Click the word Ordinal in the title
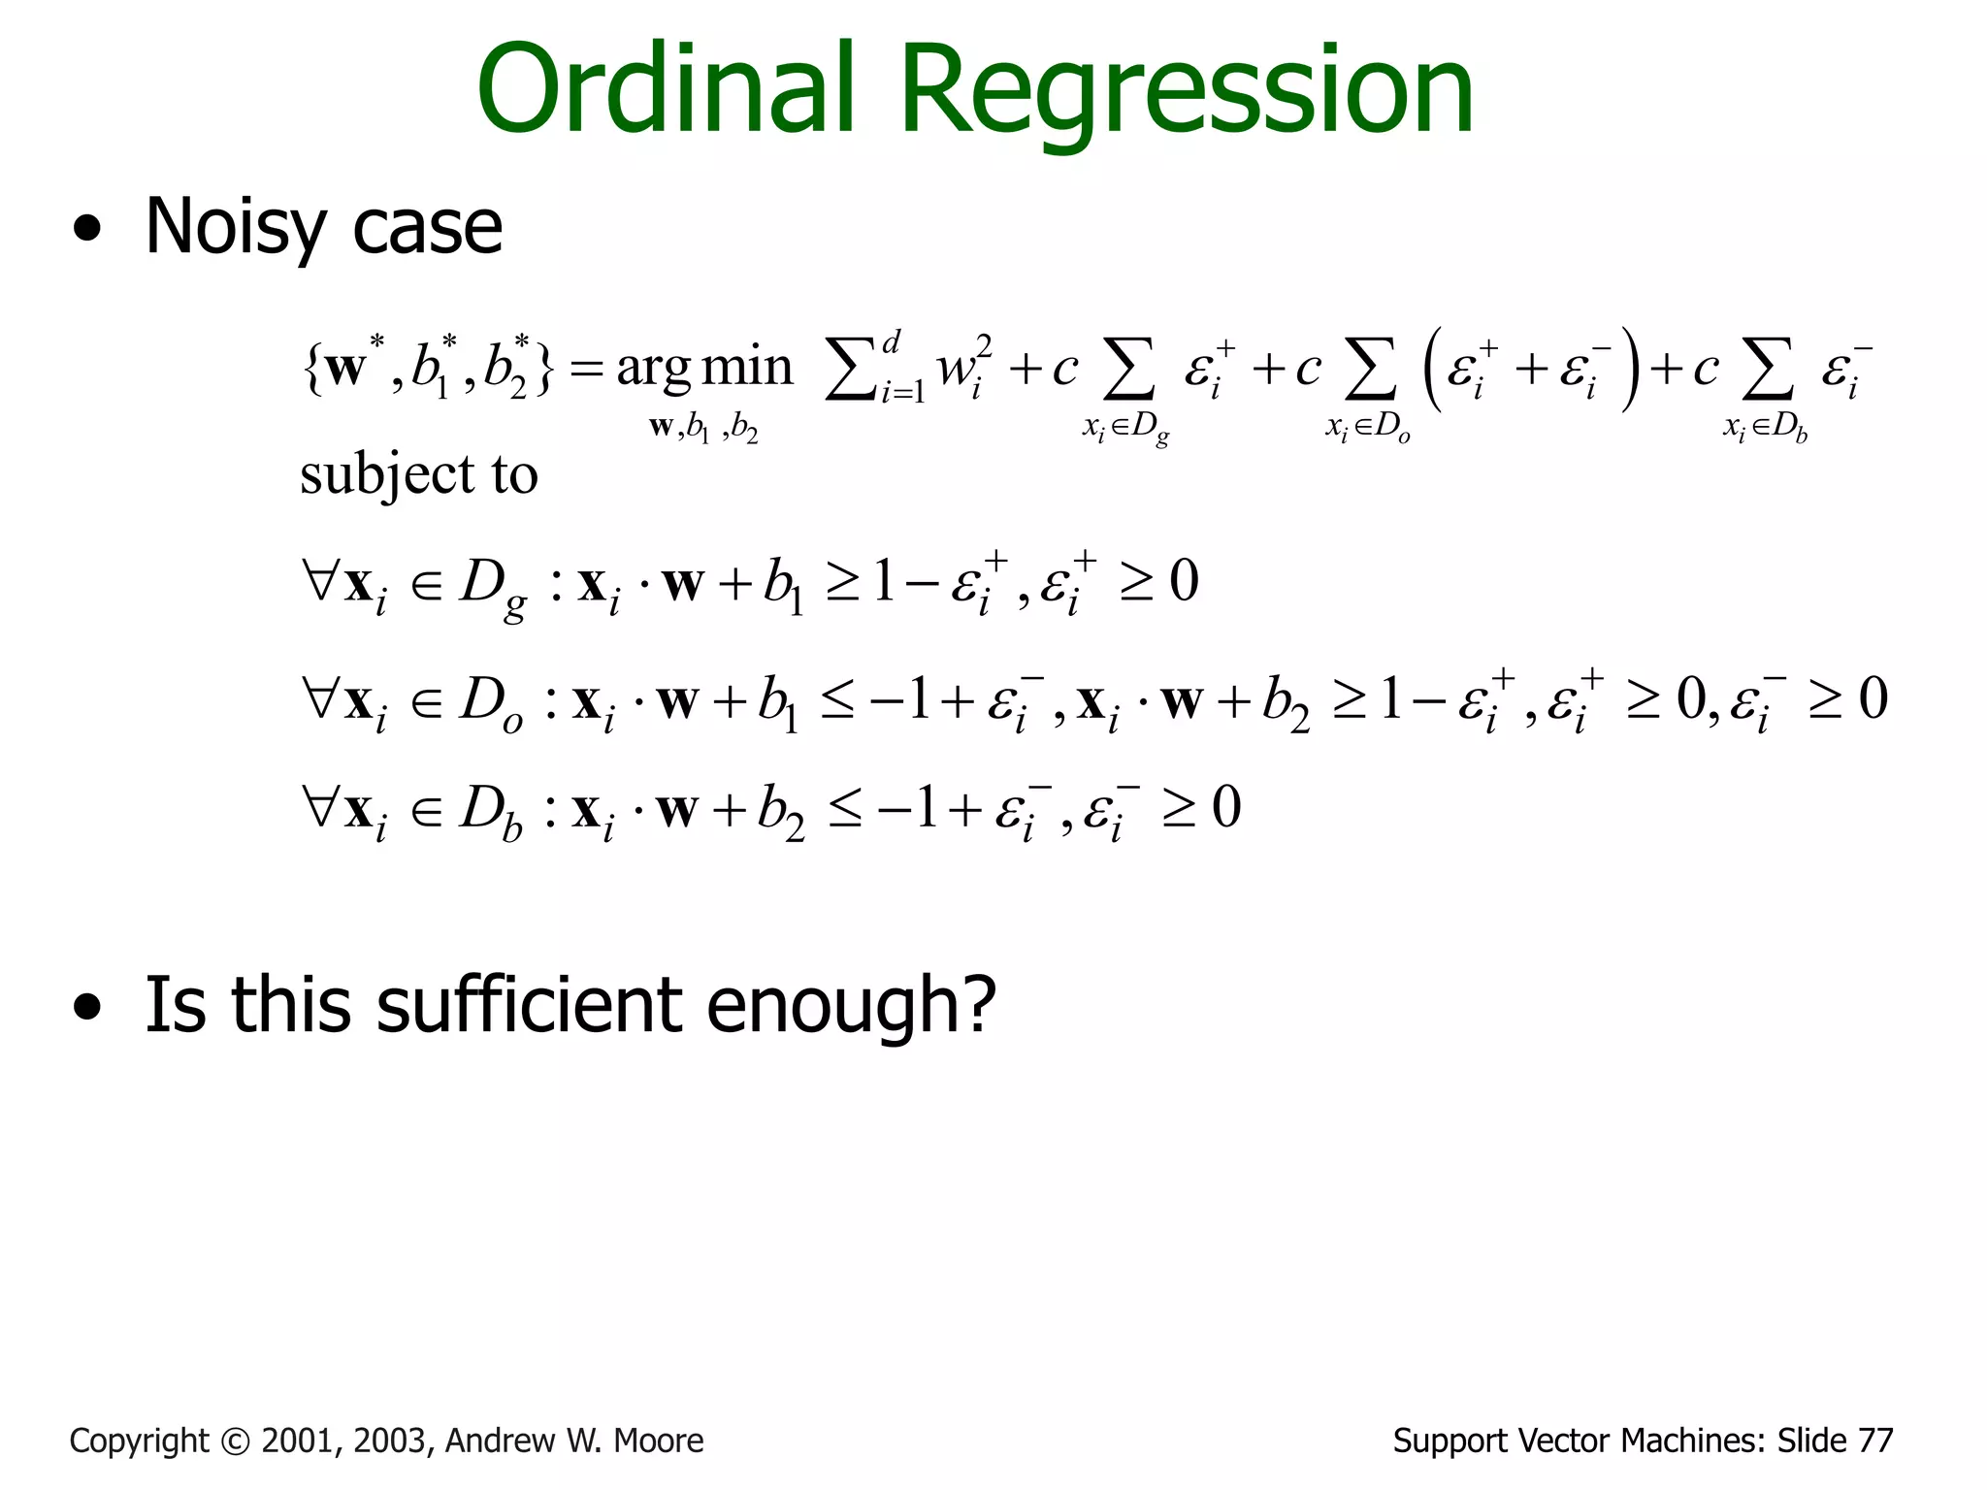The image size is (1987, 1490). pyautogui.click(x=666, y=89)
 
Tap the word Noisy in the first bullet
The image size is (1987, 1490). pyautogui.click(x=236, y=227)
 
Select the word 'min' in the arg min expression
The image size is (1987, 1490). pyautogui.click(x=746, y=367)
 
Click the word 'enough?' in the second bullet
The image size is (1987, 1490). pyautogui.click(x=850, y=1005)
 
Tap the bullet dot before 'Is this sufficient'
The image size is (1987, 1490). pyautogui.click(x=87, y=1008)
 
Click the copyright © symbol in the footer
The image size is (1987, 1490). pyautogui.click(x=236, y=1441)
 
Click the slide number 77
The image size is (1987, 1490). pyautogui.click(x=1875, y=1441)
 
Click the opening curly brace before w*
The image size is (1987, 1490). pyautogui.click(x=311, y=369)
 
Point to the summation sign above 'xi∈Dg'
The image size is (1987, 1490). pyautogui.click(x=1129, y=370)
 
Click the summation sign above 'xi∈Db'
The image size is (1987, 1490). pyautogui.click(x=1768, y=370)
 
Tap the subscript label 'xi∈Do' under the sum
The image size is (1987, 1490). pyautogui.click(x=1368, y=427)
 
